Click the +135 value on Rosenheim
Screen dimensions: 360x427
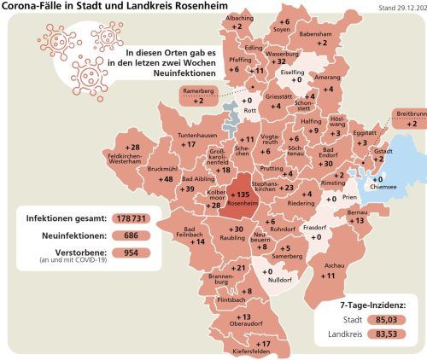click(x=239, y=195)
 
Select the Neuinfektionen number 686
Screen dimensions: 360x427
click(x=132, y=236)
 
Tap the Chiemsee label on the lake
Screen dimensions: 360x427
click(x=382, y=189)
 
